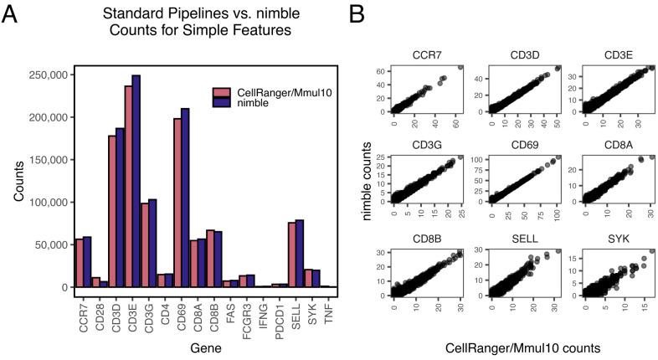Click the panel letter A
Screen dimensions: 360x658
coord(11,16)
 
